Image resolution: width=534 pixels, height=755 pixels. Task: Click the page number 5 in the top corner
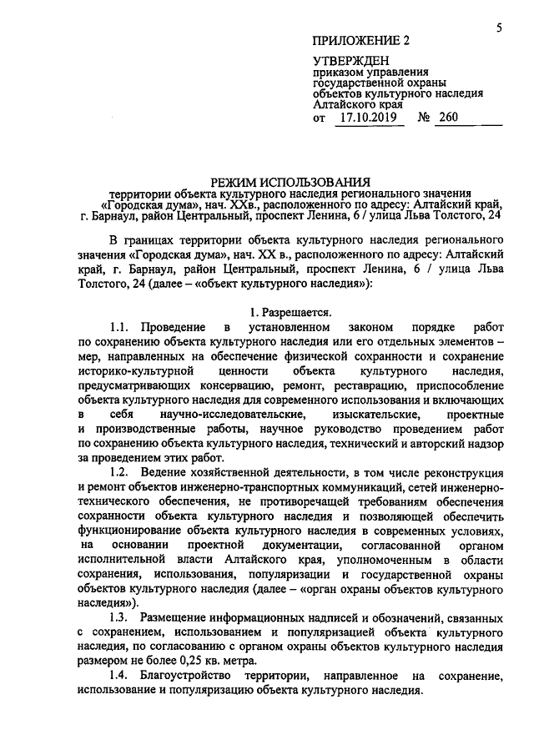(x=498, y=28)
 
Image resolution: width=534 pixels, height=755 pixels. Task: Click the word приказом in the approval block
(x=336, y=73)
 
